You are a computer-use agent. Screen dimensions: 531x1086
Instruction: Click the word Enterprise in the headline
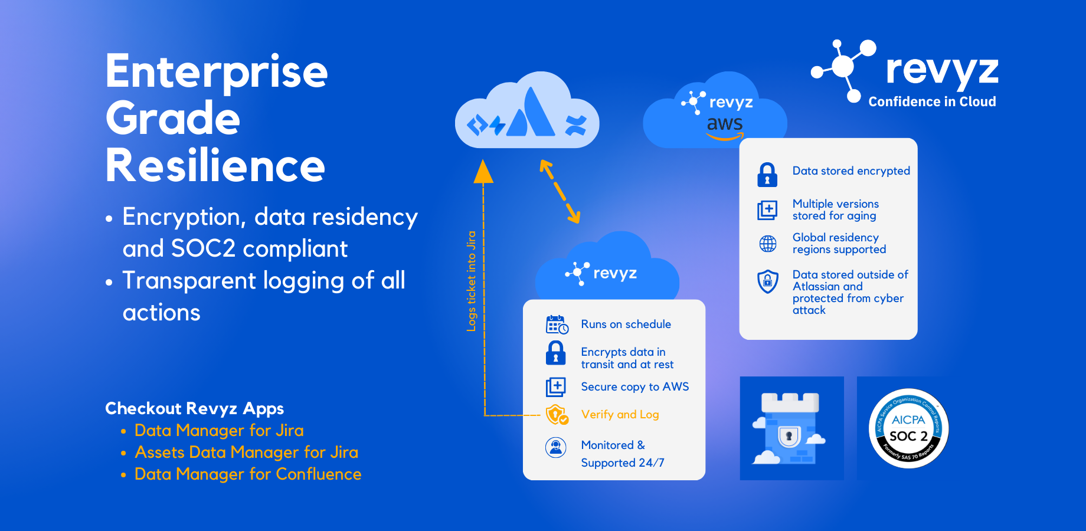(x=216, y=72)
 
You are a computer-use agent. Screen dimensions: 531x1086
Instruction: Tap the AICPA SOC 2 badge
(x=908, y=428)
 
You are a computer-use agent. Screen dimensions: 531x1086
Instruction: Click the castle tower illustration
(x=790, y=428)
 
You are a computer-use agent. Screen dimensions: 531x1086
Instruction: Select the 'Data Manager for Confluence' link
(x=247, y=474)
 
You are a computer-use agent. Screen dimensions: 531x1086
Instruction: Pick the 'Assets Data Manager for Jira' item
(x=246, y=453)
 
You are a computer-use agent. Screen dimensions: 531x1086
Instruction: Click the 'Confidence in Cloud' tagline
(x=932, y=101)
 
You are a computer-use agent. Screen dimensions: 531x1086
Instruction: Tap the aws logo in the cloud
(x=725, y=126)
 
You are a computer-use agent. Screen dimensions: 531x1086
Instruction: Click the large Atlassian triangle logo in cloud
(x=531, y=114)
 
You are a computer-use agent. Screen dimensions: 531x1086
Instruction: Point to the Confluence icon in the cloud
(x=575, y=125)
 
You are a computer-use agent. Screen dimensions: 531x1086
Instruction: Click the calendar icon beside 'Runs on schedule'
(x=556, y=324)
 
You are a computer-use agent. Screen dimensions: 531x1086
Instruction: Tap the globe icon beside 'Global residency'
(x=767, y=244)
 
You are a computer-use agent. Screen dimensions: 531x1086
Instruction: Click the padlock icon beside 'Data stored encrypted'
(x=767, y=175)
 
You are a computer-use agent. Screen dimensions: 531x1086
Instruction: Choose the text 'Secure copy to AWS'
(x=634, y=387)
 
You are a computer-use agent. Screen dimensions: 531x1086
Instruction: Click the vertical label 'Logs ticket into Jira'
(x=471, y=281)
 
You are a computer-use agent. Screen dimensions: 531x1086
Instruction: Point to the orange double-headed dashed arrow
(x=560, y=192)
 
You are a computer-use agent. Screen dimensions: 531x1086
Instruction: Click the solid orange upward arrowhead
(x=483, y=172)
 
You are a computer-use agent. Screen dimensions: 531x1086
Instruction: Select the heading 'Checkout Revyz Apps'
(x=194, y=408)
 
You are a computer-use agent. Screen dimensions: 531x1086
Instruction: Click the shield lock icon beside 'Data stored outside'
(x=767, y=281)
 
